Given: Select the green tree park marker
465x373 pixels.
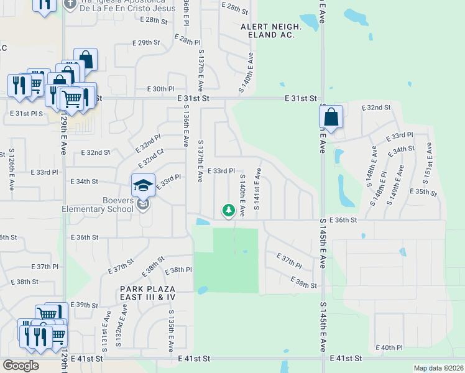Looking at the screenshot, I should click(x=229, y=211).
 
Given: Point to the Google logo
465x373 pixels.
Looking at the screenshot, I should click(x=21, y=366).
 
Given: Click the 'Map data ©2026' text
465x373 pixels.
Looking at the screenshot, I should click(x=438, y=368).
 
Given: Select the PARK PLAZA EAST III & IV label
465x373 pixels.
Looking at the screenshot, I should click(x=149, y=293).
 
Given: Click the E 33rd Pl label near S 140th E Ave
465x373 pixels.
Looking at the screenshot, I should click(x=221, y=171).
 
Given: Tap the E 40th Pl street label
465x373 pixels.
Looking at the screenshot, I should click(x=390, y=348).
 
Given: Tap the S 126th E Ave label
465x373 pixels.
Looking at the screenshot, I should click(x=11, y=169).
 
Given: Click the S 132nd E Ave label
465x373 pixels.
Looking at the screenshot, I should click(x=124, y=321).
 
